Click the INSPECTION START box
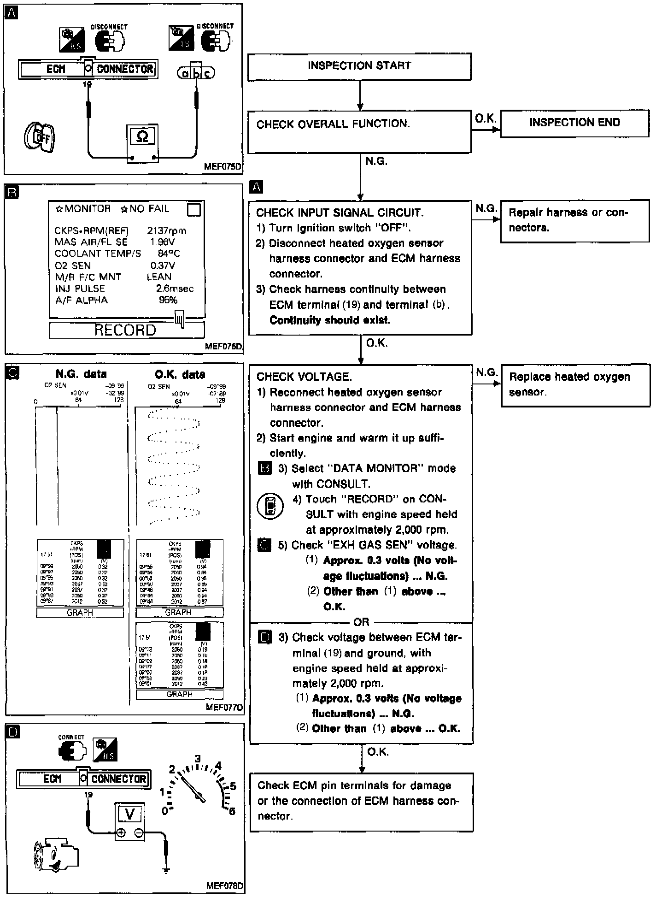pyautogui.click(x=359, y=66)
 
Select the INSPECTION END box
pyautogui.click(x=574, y=123)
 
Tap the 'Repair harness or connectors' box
pyautogui.click(x=574, y=220)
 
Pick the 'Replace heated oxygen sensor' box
pyautogui.click(x=575, y=385)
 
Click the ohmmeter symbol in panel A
pyautogui.click(x=142, y=137)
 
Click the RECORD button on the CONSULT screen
pyautogui.click(x=126, y=330)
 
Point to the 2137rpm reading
pyautogui.click(x=166, y=231)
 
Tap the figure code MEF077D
pyautogui.click(x=224, y=707)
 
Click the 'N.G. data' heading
pyautogui.click(x=81, y=374)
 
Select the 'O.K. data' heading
pyautogui.click(x=180, y=374)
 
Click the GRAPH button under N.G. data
pyautogui.click(x=80, y=613)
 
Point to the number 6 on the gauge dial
pyautogui.click(x=232, y=811)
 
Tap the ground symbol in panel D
pyautogui.click(x=166, y=869)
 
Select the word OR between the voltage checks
pyautogui.click(x=361, y=622)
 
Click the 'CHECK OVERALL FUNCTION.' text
pyautogui.click(x=333, y=124)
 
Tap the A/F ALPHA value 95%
pyautogui.click(x=168, y=301)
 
